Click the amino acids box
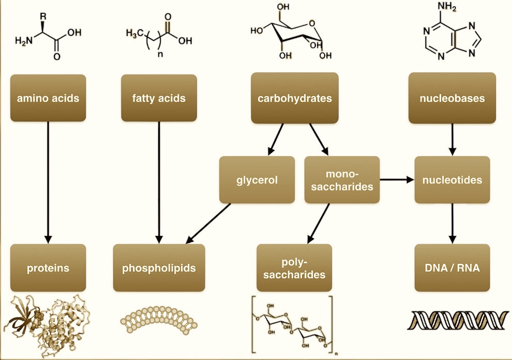(x=48, y=98)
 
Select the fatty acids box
(x=159, y=98)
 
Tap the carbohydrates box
(x=295, y=98)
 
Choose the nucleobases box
(x=452, y=98)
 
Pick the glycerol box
(x=257, y=180)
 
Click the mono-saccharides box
(x=342, y=180)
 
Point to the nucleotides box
(x=452, y=180)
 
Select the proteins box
(x=48, y=268)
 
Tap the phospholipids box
(x=159, y=268)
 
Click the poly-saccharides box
(x=294, y=268)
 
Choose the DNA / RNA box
(x=452, y=268)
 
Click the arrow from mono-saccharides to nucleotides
(x=397, y=180)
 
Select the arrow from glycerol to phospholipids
(x=208, y=222)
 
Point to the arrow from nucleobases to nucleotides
(x=453, y=139)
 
